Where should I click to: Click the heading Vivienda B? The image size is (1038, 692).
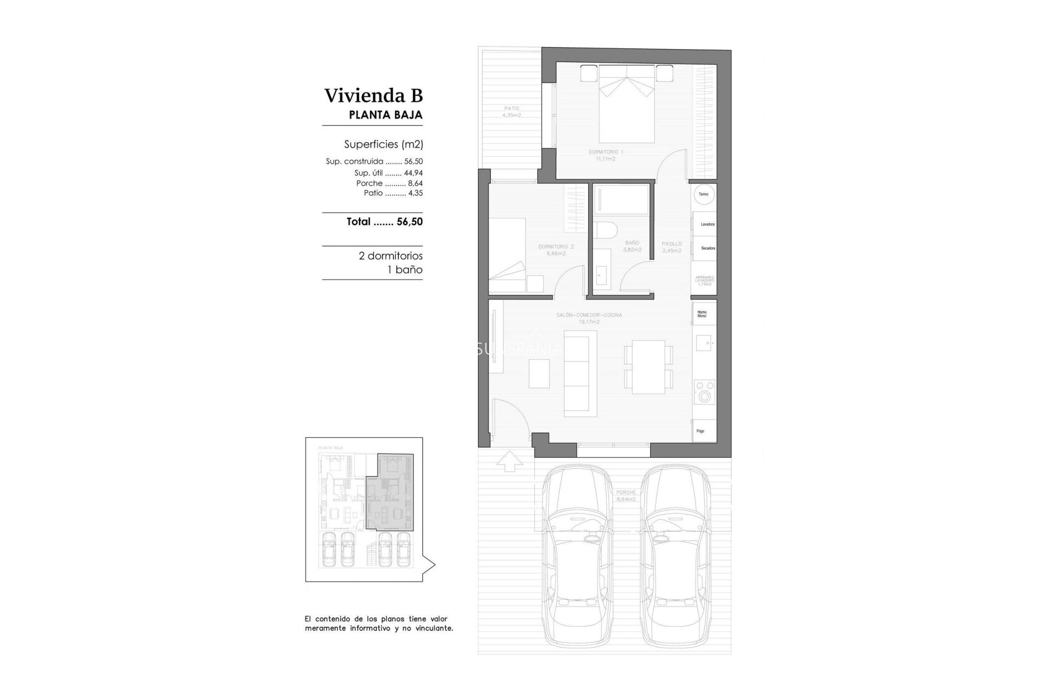pos(374,96)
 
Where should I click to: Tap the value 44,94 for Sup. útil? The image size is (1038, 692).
pos(413,173)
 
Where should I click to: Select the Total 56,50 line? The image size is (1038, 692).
pos(384,222)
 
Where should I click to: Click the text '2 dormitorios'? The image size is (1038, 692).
pos(390,256)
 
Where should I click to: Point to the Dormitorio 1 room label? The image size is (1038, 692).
pos(605,155)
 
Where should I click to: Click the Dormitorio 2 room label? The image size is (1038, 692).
pos(556,250)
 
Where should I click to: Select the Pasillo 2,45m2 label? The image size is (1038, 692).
pos(671,247)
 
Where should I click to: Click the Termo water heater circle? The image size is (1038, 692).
pos(703,194)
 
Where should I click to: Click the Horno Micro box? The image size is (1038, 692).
pos(702,314)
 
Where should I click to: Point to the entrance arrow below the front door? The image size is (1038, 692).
pos(509,461)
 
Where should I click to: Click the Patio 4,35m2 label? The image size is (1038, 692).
pos(511,111)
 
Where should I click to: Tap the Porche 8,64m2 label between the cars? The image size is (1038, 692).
pos(626,496)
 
